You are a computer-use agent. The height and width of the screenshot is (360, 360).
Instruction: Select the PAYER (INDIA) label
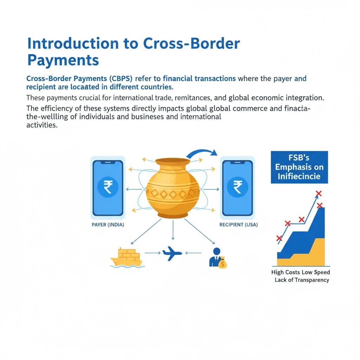[x=108, y=225]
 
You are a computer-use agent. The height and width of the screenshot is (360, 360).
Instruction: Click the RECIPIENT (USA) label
[x=238, y=225]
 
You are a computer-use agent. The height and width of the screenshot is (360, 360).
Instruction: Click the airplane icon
[x=172, y=253]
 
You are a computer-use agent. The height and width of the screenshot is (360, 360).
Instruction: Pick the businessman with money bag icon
[x=217, y=258]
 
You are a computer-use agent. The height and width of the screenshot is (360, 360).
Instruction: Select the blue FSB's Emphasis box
[x=299, y=167]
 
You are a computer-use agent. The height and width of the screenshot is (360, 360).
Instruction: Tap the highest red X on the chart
[x=319, y=193]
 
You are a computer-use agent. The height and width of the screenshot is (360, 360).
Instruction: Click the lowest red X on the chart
[x=279, y=238]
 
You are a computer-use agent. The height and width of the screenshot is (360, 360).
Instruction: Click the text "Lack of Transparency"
[x=302, y=280]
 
